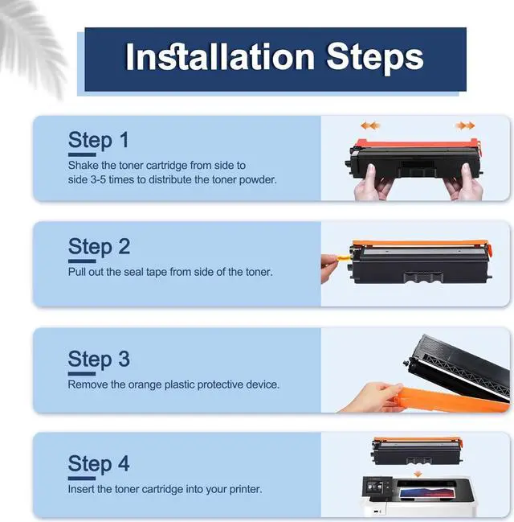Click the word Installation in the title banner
220,57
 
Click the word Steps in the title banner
375,59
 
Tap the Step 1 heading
98,141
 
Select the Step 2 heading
99,247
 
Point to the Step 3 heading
99,360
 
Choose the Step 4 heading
99,464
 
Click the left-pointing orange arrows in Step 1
370,125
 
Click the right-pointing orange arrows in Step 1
465,125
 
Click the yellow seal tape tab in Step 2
342,257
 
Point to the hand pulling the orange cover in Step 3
372,397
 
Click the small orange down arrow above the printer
418,474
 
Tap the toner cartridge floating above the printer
418,451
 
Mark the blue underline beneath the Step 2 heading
82,261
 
